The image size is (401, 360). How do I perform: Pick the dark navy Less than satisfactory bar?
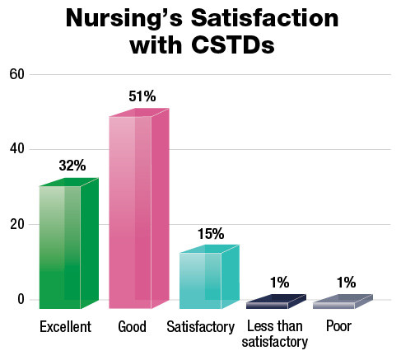coord(276,302)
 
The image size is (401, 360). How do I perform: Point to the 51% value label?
coord(142,97)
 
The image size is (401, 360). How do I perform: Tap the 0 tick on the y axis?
coord(21,299)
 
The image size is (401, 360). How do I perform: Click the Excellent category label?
coord(65,328)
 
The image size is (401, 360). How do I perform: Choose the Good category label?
coord(132,328)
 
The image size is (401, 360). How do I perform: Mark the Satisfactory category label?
coord(200,328)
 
